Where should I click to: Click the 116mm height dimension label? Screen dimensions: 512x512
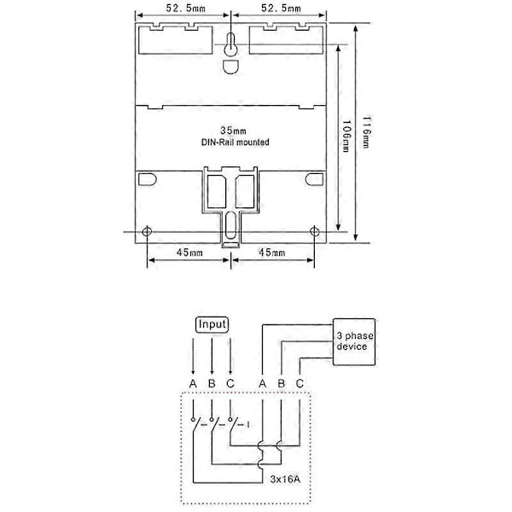[x=366, y=132]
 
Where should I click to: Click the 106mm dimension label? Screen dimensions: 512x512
[x=346, y=137]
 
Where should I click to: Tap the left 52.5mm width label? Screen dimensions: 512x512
[x=186, y=9]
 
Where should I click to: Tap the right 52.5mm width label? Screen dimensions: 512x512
[x=281, y=9]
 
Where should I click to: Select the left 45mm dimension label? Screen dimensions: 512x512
[x=189, y=253]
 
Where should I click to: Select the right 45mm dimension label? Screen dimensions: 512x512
[x=272, y=253]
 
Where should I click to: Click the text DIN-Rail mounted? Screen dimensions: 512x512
[x=236, y=143]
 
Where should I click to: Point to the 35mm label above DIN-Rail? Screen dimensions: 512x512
[x=233, y=131]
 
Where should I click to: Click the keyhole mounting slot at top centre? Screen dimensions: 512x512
[x=231, y=45]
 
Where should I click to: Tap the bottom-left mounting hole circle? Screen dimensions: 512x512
[x=148, y=231]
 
